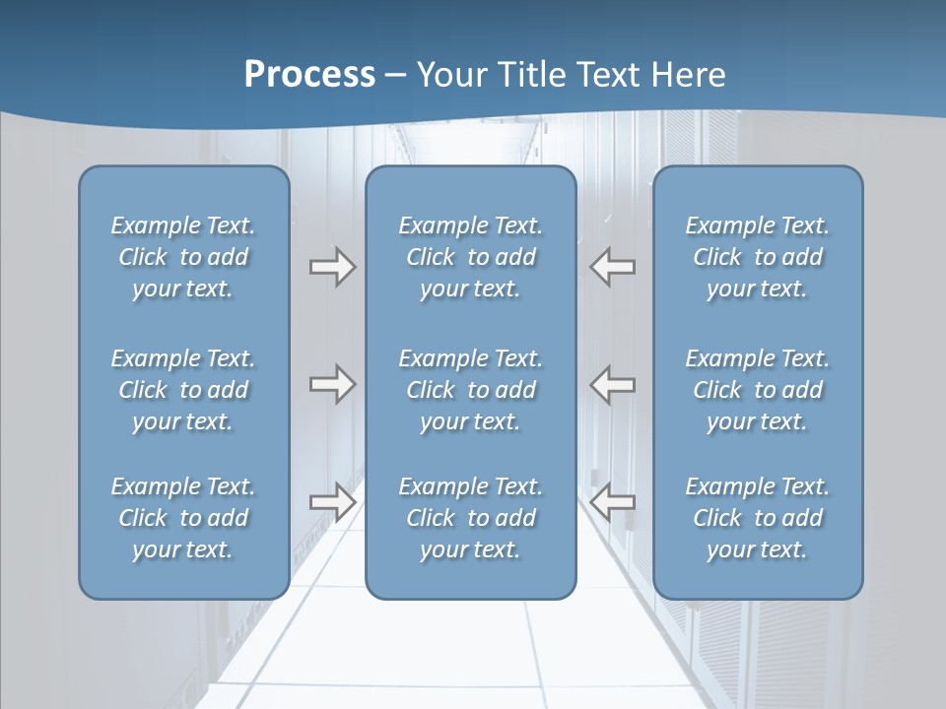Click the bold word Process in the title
pyautogui.click(x=309, y=75)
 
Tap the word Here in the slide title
pyautogui.click(x=687, y=75)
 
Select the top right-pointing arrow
pyautogui.click(x=332, y=267)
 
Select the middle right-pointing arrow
pyautogui.click(x=332, y=384)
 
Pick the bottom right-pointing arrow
pyautogui.click(x=332, y=502)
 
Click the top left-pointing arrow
pyautogui.click(x=613, y=267)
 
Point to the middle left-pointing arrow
pyautogui.click(x=613, y=384)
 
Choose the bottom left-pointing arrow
pyautogui.click(x=613, y=502)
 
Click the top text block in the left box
pyautogui.click(x=183, y=257)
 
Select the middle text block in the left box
pyautogui.click(x=183, y=390)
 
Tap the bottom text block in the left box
pyautogui.click(x=183, y=518)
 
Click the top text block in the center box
pyautogui.click(x=470, y=257)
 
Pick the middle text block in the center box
pyautogui.click(x=470, y=390)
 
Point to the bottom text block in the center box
pyautogui.click(x=470, y=518)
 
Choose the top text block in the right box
pyautogui.click(x=758, y=257)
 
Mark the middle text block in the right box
pyautogui.click(x=758, y=390)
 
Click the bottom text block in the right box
pyautogui.click(x=758, y=518)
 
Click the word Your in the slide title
pyautogui.click(x=449, y=75)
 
